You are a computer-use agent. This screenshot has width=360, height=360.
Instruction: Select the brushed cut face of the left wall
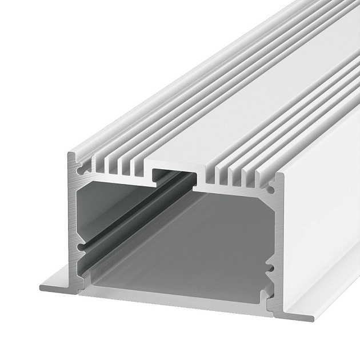click(x=75, y=229)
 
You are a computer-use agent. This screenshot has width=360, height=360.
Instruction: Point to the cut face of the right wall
click(x=274, y=240)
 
